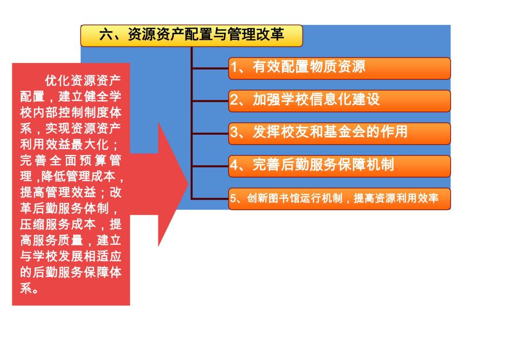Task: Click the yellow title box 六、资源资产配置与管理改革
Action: click(x=191, y=36)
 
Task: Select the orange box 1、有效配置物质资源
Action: click(x=339, y=68)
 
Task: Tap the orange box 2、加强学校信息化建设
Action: click(x=339, y=101)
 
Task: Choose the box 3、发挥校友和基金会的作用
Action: click(x=339, y=134)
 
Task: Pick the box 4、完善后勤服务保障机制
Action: click(x=339, y=166)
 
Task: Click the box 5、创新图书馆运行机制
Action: click(x=339, y=199)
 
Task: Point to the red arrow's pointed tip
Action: click(x=188, y=184)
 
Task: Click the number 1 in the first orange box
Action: click(x=234, y=67)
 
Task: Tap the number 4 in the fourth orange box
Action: click(x=234, y=165)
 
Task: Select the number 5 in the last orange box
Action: click(x=233, y=198)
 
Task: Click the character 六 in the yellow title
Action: click(x=105, y=35)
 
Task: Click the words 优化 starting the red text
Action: click(x=58, y=80)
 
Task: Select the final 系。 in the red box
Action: click(x=29, y=288)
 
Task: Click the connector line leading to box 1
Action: click(x=210, y=69)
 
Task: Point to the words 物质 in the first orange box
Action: click(x=323, y=67)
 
